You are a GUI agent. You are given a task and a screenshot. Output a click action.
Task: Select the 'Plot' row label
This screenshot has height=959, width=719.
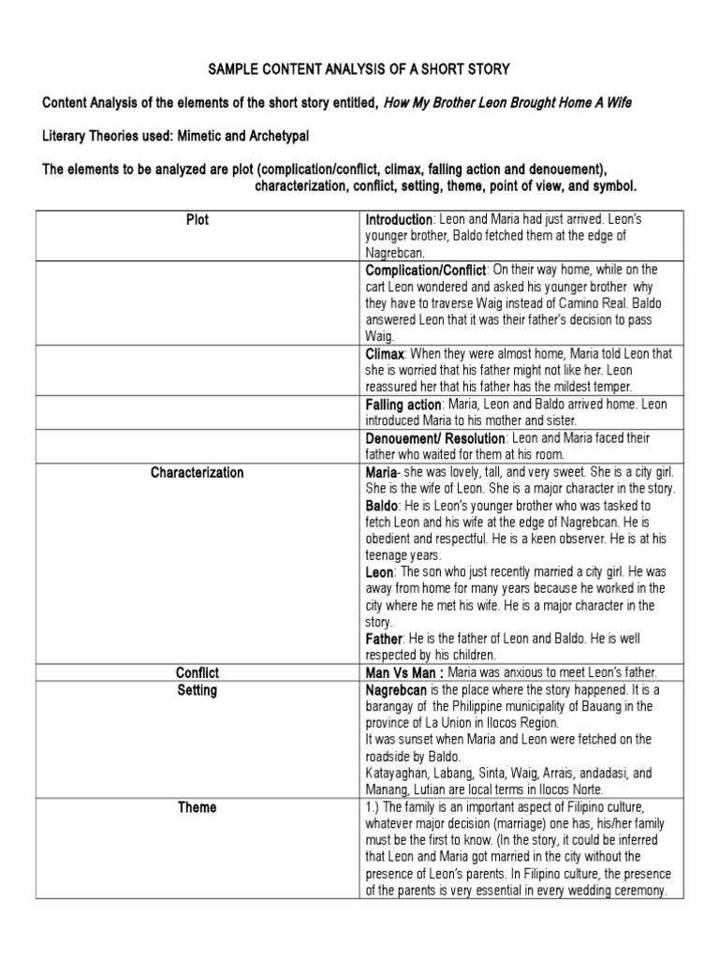point(197,220)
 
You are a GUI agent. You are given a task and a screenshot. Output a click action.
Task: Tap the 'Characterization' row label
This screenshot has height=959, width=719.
point(197,473)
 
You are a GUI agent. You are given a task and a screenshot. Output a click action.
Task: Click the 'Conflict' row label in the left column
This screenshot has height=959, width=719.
point(197,671)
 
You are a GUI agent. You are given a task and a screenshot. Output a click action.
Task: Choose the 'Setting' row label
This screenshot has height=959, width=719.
point(197,690)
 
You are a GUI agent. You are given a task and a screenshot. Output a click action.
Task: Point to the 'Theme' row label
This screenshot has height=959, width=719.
point(197,807)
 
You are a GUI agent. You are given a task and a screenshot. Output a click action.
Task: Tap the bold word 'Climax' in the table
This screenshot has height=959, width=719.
point(384,355)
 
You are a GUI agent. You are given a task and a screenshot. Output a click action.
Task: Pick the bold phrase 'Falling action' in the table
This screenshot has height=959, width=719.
point(404,405)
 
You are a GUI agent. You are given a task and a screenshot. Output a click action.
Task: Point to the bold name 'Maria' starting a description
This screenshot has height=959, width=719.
point(381,473)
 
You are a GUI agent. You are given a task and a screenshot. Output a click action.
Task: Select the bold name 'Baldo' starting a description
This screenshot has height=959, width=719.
point(382,506)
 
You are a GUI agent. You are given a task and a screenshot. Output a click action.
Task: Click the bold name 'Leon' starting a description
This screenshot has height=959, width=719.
point(380,572)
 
